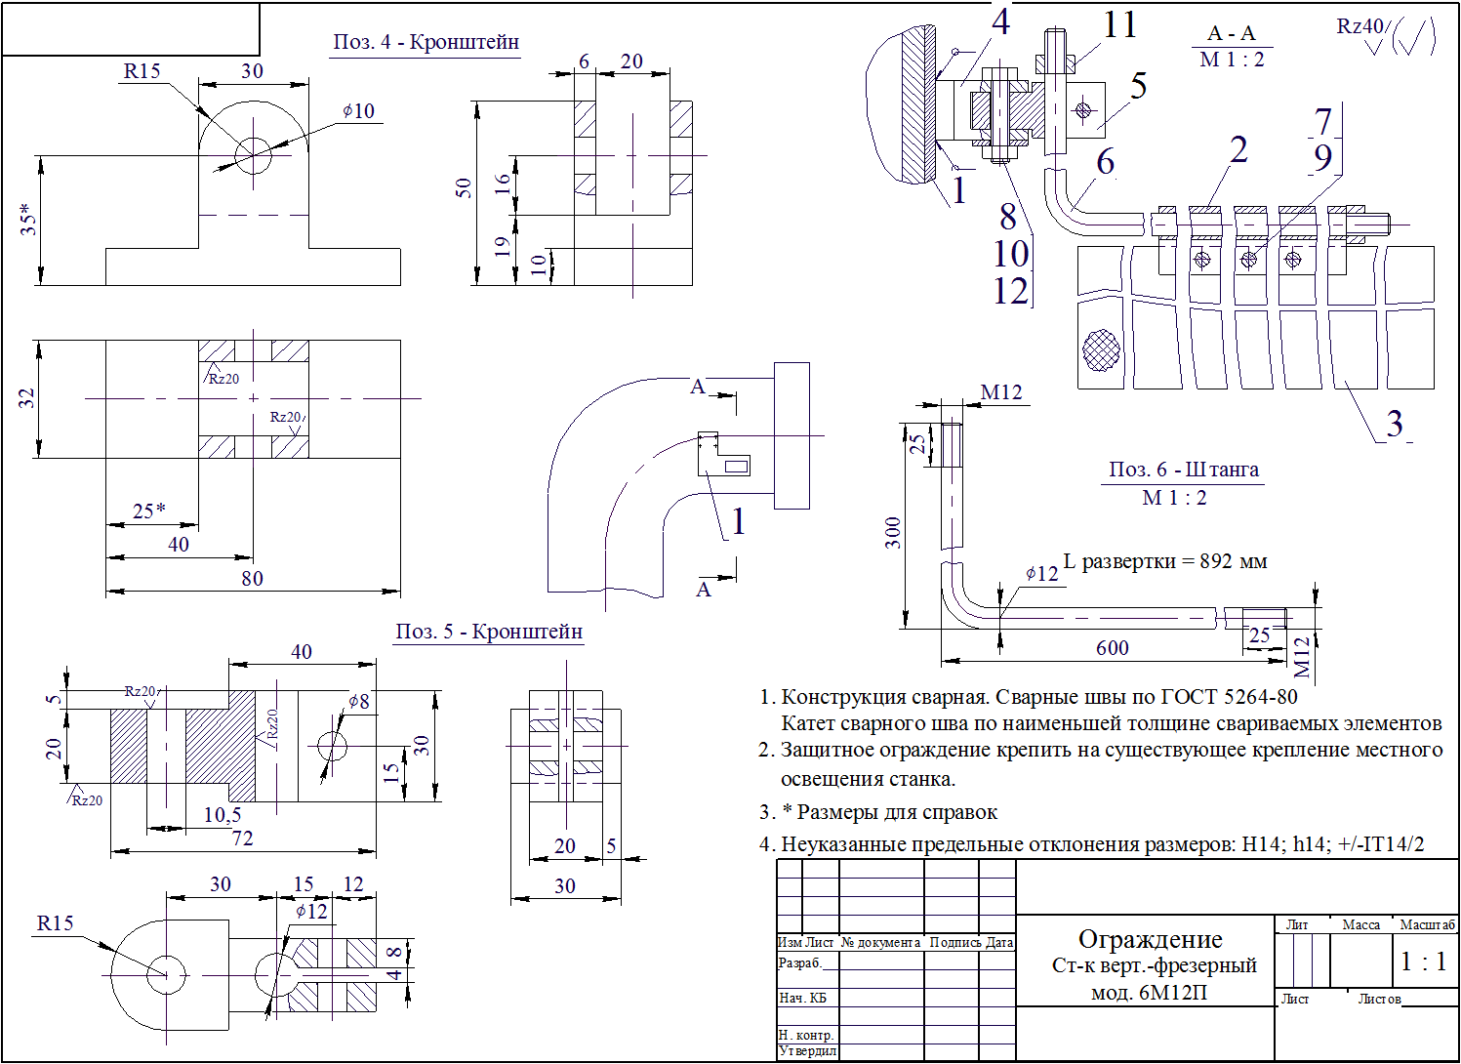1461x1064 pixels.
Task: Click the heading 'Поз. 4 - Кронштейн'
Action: point(426,42)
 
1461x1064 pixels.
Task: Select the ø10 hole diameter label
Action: point(359,111)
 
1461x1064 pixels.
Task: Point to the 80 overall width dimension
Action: point(252,578)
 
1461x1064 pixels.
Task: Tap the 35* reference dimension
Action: point(28,219)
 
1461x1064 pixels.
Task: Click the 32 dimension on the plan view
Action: point(26,398)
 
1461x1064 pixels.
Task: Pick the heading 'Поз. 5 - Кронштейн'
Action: point(488,632)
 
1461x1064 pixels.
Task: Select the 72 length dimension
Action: point(242,839)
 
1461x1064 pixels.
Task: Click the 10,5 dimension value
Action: point(223,815)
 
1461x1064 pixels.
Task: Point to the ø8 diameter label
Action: point(359,702)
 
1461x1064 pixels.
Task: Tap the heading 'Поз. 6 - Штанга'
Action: point(1183,470)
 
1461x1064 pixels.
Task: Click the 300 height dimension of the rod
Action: point(893,532)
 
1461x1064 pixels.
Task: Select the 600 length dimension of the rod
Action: point(1112,648)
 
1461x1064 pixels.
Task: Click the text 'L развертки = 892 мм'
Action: point(1165,561)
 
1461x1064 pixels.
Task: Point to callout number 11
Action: point(1119,25)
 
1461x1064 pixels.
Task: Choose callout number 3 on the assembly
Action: point(1395,424)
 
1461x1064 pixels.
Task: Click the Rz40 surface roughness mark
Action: point(1360,27)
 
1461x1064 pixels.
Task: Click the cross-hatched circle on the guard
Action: point(1101,349)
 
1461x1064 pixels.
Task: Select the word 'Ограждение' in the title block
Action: point(1150,939)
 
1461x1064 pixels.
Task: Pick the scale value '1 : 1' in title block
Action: point(1423,962)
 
